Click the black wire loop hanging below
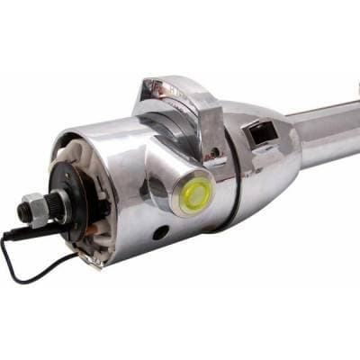(x=36, y=265)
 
